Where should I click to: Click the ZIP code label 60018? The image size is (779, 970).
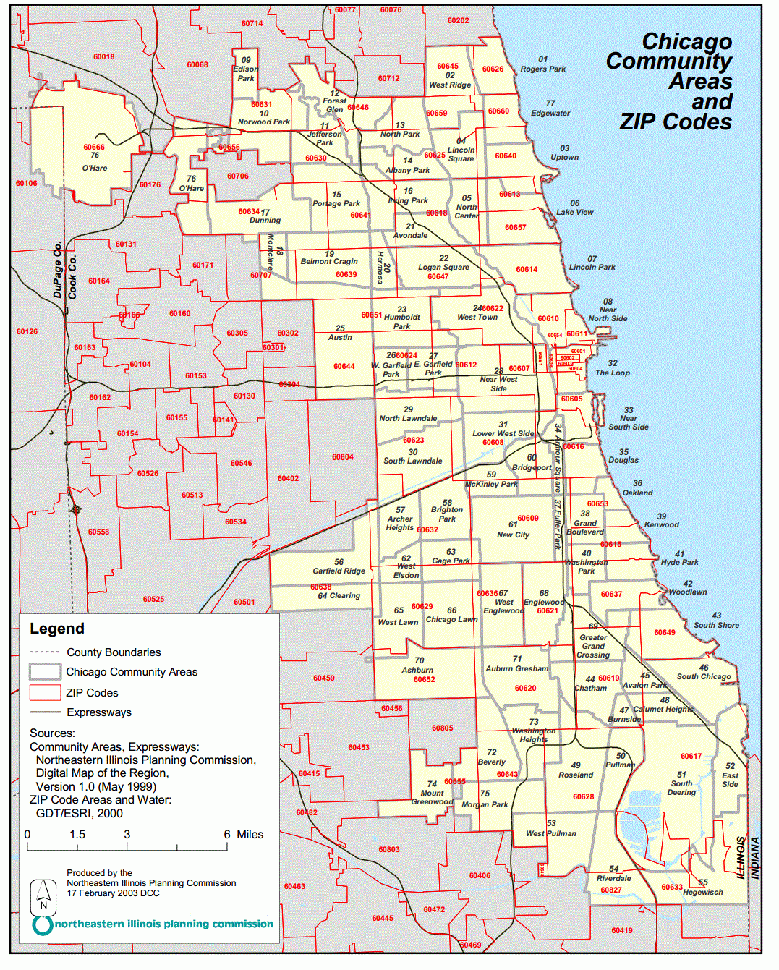pos(103,56)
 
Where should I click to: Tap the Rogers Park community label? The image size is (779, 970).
pos(542,69)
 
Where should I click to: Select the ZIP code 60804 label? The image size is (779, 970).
pos(343,457)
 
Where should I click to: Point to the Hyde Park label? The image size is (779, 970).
pos(679,562)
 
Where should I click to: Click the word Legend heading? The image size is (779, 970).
pos(57,629)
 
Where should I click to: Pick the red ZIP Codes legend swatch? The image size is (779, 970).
pos(45,692)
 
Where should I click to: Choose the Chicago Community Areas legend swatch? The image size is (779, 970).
pos(45,671)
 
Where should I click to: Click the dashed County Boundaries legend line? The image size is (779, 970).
pos(45,652)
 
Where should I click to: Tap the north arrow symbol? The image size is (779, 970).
pos(43,897)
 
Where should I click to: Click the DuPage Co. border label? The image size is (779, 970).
pos(58,270)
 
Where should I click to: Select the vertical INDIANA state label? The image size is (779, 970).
pos(754,858)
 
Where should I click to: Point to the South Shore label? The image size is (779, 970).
pos(716,625)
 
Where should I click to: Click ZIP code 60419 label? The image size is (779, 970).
pos(621,930)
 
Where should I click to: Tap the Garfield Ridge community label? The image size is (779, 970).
pos(339,571)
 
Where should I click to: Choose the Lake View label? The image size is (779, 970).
pos(574,212)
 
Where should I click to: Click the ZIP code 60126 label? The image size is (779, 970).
pos(27,331)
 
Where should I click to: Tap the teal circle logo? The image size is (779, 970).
pos(43,924)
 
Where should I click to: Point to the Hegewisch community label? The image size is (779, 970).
pos(702,892)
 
